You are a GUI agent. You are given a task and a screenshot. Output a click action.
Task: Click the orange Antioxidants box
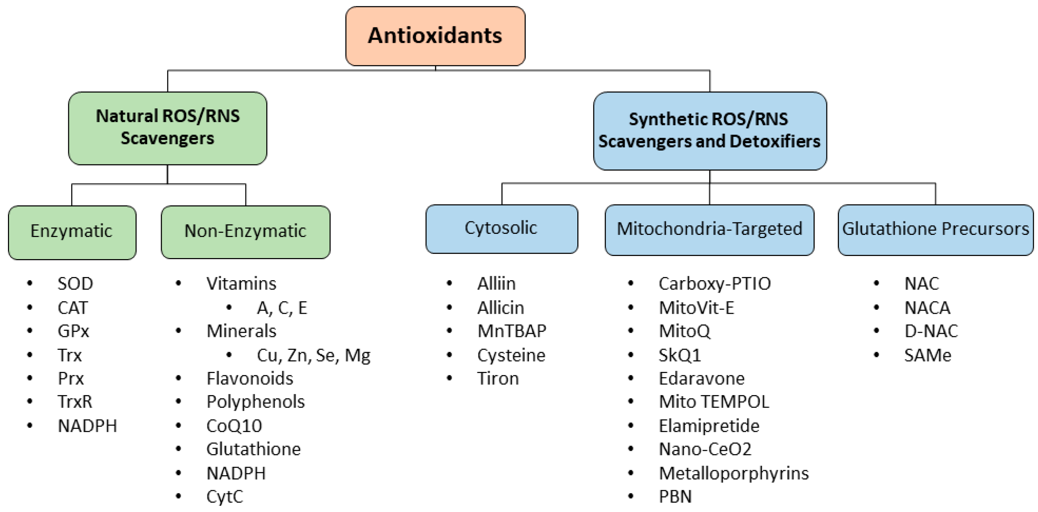[x=435, y=36]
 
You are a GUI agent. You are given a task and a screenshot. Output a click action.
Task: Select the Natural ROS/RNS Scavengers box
[x=168, y=128]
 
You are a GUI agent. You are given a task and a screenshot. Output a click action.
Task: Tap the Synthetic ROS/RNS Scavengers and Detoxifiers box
[x=710, y=130]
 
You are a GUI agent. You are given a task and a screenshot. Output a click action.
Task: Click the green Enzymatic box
[x=72, y=232]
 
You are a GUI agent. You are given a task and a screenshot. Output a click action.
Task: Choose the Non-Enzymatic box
[x=246, y=232]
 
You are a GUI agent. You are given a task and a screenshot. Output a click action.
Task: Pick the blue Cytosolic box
[x=501, y=229]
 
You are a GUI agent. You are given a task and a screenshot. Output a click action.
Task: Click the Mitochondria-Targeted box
[x=709, y=229]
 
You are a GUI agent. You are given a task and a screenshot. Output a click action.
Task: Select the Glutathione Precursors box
[x=935, y=229]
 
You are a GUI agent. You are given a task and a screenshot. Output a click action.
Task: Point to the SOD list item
[x=76, y=284]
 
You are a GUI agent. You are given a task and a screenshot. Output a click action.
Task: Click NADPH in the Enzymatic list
[x=87, y=426]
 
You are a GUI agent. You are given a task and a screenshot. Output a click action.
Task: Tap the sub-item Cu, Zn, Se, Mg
[x=313, y=355]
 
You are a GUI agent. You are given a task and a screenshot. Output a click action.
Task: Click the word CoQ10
[x=234, y=426]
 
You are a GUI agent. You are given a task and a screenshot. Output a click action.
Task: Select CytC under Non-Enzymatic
[x=225, y=497]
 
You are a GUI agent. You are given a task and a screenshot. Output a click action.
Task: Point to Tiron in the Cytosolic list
[x=498, y=379]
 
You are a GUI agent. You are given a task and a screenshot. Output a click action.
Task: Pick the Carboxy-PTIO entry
[x=715, y=284]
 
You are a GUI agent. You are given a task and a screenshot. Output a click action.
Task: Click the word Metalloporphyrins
[x=733, y=473]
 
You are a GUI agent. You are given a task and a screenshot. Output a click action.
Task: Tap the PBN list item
[x=675, y=497]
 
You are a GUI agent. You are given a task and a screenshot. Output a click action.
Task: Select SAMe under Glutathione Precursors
[x=928, y=355]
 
